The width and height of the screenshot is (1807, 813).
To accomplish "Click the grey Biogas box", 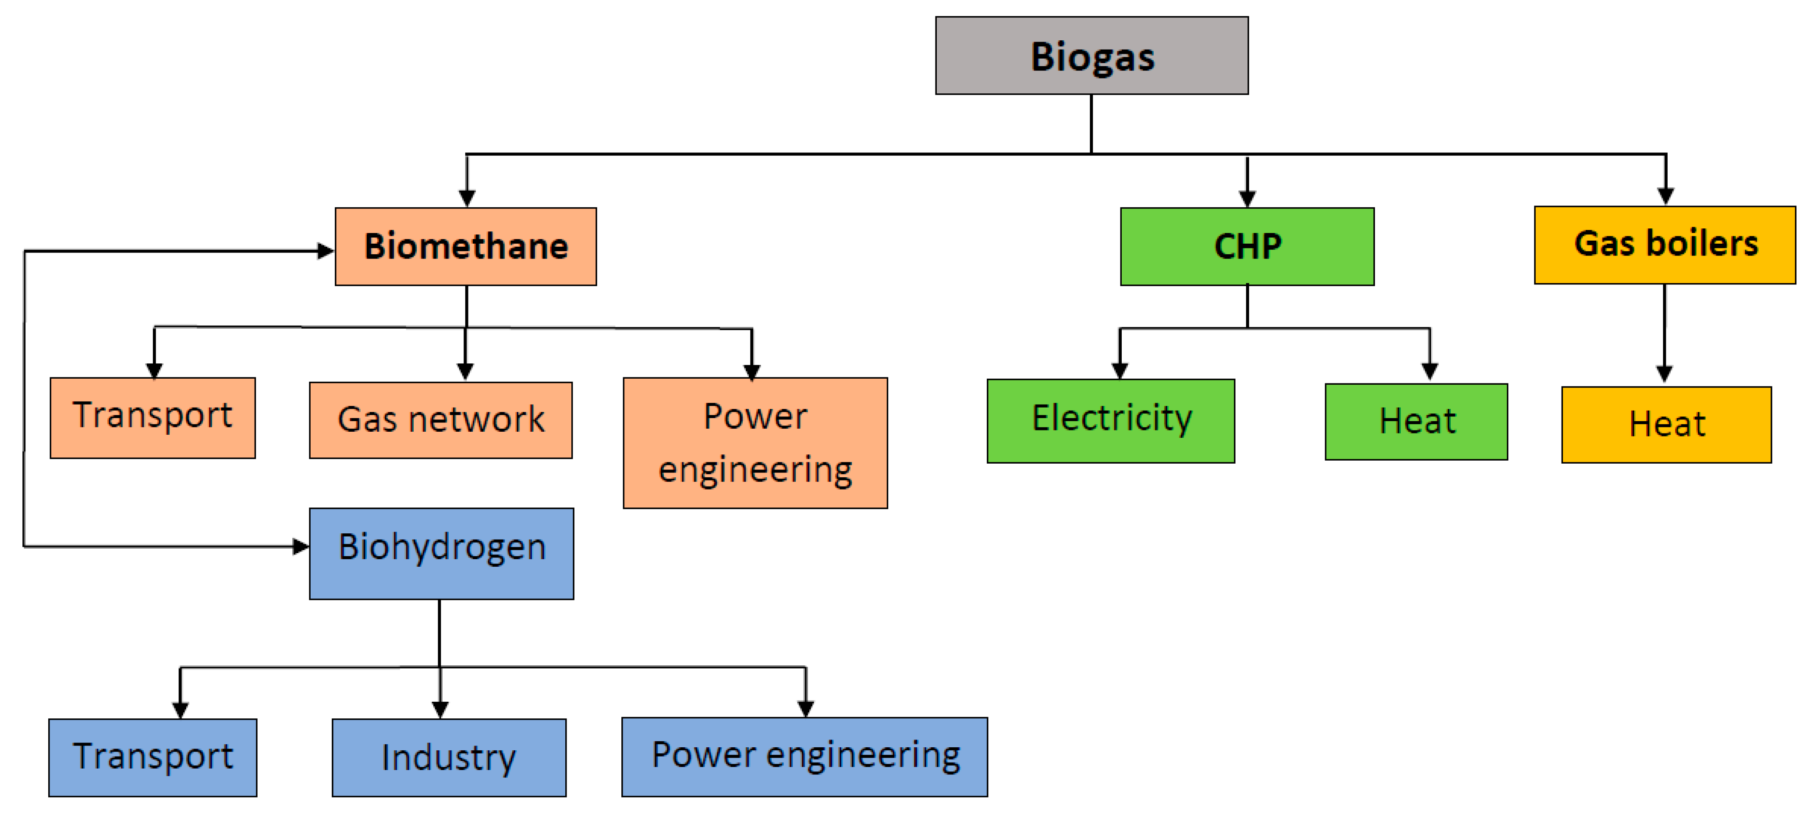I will [x=1091, y=55].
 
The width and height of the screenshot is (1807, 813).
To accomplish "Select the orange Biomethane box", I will [x=466, y=246].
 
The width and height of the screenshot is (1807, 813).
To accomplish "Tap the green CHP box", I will [x=1247, y=246].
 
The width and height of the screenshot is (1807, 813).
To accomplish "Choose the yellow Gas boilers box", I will [x=1665, y=245].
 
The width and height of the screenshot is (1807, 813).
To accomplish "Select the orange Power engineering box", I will [x=755, y=443].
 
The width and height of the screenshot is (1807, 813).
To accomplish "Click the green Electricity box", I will [x=1110, y=420].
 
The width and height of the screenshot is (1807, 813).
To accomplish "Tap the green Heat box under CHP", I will [x=1416, y=422].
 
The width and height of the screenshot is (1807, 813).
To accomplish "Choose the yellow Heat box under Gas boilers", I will [x=1666, y=424].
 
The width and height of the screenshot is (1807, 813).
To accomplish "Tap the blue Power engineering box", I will [x=804, y=756].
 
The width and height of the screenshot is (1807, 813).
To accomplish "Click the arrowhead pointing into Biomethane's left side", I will [x=326, y=250].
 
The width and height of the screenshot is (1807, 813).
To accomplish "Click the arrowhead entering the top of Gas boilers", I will [x=1666, y=196].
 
